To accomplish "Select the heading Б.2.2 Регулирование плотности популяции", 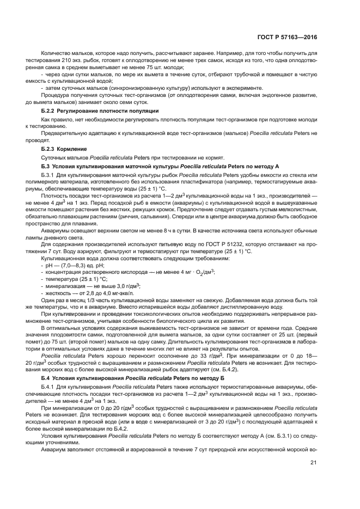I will [100, 111].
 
